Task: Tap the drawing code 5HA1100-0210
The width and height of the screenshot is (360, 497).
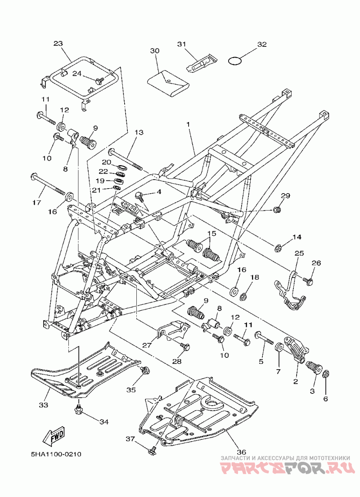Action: (56, 454)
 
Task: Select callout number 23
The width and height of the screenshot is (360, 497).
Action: (58, 43)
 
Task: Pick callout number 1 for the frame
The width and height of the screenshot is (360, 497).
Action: (188, 125)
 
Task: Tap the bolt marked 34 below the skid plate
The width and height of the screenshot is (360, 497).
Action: (78, 410)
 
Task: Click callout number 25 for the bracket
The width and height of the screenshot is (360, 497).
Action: (299, 253)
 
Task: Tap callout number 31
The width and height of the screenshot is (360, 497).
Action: (181, 44)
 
